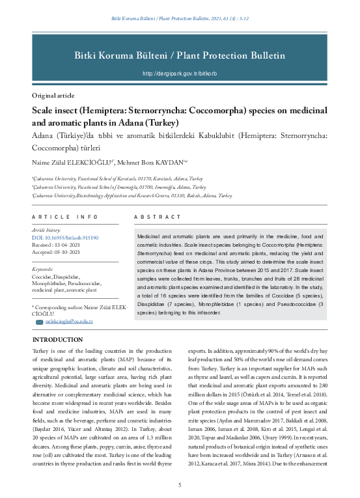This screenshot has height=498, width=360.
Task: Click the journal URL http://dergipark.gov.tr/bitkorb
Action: click(180, 74)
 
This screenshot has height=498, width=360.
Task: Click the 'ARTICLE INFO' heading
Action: click(64, 216)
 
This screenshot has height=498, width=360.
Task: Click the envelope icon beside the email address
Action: click(39, 322)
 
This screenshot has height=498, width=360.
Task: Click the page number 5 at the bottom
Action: click(180, 485)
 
